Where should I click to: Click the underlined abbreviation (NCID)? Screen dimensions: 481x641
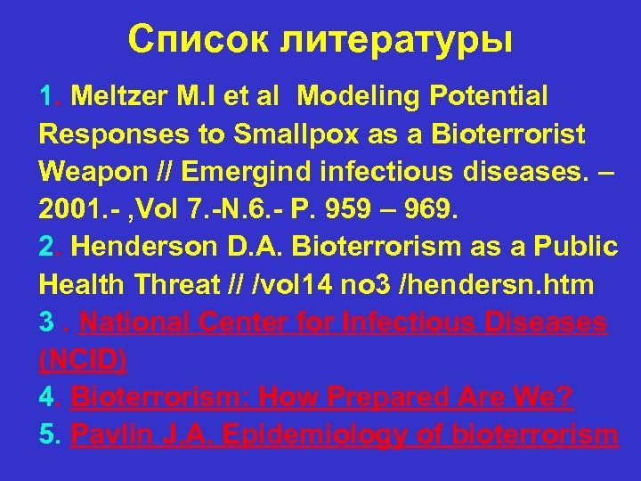[84, 361]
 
